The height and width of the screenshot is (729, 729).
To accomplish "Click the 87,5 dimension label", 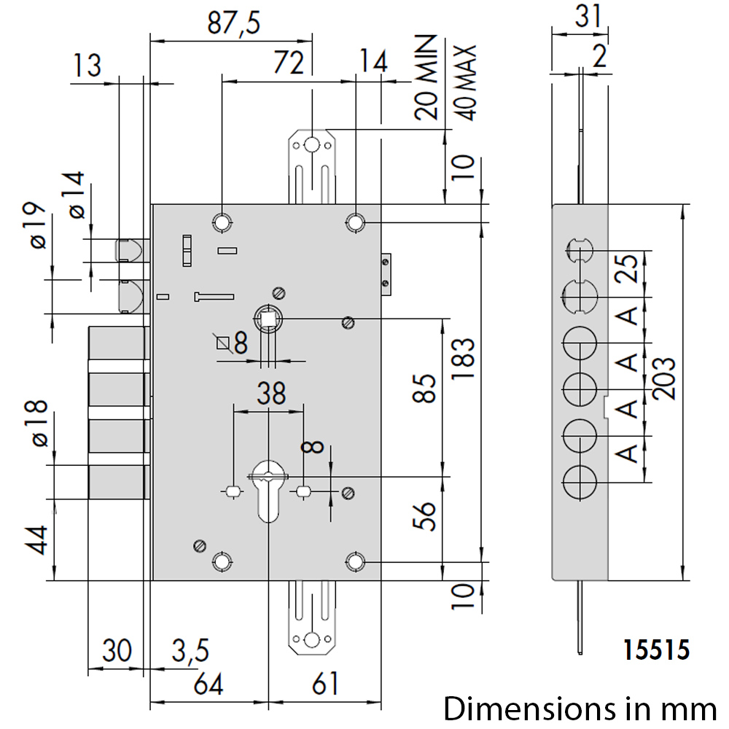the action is (234, 23).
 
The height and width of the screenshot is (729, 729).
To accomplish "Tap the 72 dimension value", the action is (289, 63).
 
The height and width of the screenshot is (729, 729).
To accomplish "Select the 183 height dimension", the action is (464, 359).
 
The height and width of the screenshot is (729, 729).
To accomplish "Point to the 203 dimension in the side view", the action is (663, 379).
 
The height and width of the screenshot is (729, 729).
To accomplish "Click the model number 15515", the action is (656, 650).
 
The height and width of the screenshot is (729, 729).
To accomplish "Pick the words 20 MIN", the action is (426, 78).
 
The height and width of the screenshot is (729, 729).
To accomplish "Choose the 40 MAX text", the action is (464, 83).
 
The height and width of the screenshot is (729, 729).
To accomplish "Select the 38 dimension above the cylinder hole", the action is (271, 394).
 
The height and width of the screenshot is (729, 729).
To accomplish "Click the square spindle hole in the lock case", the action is (268, 319).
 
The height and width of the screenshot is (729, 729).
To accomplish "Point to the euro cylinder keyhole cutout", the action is (268, 491).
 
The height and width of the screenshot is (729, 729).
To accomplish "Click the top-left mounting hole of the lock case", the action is (222, 222).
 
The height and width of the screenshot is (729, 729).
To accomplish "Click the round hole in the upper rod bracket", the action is (311, 146).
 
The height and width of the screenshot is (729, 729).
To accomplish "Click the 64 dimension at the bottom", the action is (208, 685).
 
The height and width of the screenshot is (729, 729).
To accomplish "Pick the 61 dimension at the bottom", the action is (325, 685).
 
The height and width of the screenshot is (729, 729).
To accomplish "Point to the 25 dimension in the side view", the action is (627, 269).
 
